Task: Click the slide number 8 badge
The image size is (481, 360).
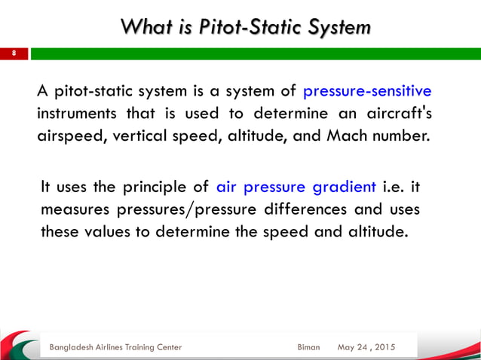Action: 13,54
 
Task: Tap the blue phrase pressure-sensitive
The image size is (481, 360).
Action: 367,92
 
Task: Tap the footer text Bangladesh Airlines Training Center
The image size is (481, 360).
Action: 115,347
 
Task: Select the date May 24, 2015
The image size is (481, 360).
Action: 366,347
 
